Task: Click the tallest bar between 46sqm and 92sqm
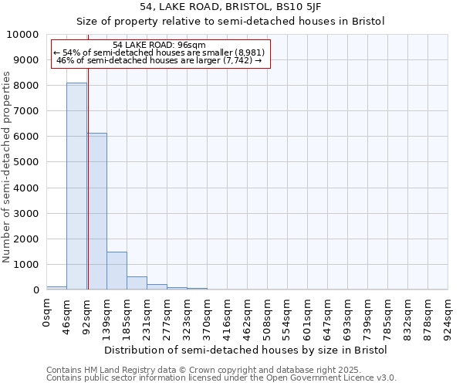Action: click(76, 186)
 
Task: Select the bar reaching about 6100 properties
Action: click(96, 212)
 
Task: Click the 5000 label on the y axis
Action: click(28, 162)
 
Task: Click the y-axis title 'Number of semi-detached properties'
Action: click(8, 168)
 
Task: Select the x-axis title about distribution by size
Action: click(245, 350)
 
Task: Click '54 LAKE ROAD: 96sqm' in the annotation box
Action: click(159, 46)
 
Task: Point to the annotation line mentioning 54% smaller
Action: click(159, 52)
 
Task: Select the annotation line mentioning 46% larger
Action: click(159, 60)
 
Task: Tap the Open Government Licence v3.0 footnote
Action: click(221, 378)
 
